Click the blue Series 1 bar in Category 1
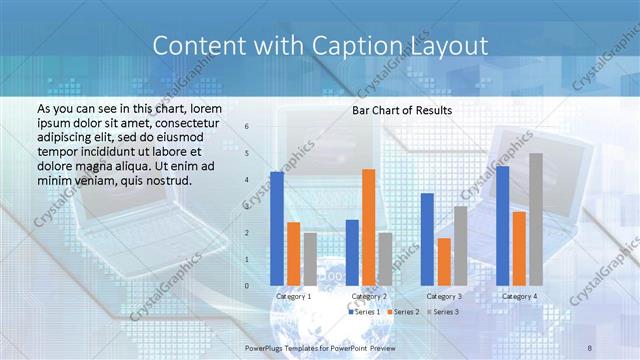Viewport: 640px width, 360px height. (277, 228)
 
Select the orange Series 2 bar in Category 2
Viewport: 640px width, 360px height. (368, 227)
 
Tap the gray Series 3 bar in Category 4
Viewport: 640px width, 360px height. (536, 219)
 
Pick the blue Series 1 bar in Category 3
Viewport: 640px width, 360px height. (427, 239)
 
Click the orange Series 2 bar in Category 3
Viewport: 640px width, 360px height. (444, 261)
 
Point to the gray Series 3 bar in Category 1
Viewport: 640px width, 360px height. (310, 259)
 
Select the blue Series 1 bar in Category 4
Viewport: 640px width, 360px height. (502, 225)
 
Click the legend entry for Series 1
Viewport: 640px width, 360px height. (363, 312)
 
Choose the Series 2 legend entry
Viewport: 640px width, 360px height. (405, 312)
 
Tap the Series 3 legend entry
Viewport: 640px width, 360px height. (444, 312)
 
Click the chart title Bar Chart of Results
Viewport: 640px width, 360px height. (402, 110)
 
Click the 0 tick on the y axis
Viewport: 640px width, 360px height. (247, 286)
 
